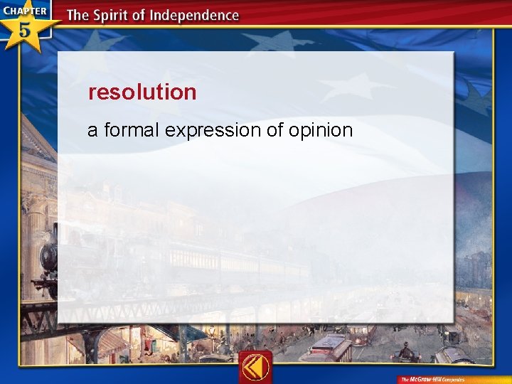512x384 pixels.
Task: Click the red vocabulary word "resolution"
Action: [142, 92]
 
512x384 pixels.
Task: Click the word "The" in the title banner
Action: [79, 15]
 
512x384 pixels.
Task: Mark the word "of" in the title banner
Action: [145, 15]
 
